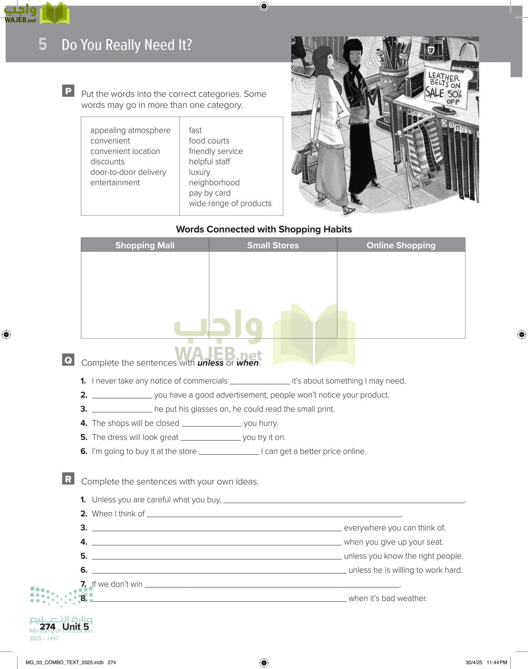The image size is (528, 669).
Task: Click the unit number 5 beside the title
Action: point(43,44)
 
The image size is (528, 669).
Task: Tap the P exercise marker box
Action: point(68,91)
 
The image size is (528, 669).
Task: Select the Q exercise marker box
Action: point(68,360)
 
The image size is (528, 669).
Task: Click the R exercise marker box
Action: point(68,479)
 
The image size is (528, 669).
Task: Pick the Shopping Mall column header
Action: point(145,245)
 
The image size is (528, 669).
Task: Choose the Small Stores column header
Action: point(273,245)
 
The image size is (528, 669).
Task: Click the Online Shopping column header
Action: point(401,245)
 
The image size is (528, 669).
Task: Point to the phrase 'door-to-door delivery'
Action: point(128,172)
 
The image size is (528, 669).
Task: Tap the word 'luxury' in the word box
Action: point(200,172)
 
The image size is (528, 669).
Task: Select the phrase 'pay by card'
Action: point(210,193)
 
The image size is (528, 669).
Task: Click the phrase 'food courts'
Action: point(209,141)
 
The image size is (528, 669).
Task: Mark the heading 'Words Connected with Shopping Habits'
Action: point(264,229)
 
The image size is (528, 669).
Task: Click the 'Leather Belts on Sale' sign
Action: point(444,88)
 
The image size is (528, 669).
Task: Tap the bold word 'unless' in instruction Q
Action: point(210,363)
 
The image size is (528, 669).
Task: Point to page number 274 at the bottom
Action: point(48,627)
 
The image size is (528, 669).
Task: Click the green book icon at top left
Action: point(55,14)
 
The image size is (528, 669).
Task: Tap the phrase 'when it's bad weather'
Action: point(388,598)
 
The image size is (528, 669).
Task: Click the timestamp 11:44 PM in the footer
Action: point(497,662)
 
